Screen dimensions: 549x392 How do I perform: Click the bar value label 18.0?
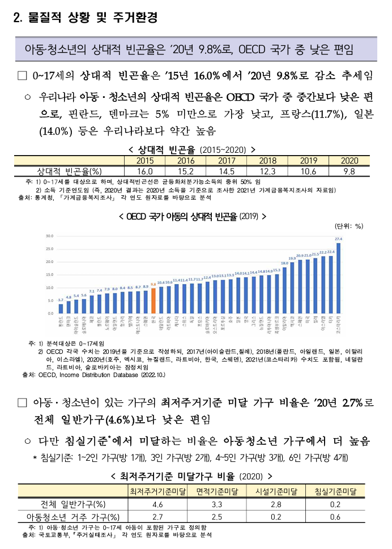coord(284,263)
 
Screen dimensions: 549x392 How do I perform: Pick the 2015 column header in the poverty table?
coord(145,161)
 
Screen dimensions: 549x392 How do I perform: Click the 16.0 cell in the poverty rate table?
coord(145,171)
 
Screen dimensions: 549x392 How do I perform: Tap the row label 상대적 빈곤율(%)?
coord(69,171)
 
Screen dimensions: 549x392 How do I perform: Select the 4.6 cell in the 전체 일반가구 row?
coord(158,504)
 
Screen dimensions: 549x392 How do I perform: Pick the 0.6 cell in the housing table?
coord(335,517)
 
